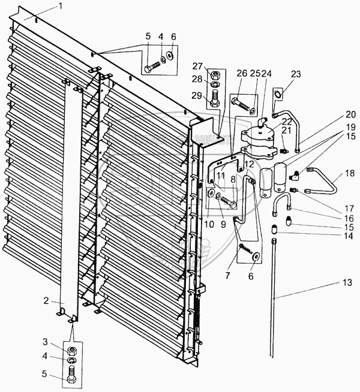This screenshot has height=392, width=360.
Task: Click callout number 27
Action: pyautogui.click(x=197, y=67)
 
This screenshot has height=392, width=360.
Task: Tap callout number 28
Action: pyautogui.click(x=197, y=79)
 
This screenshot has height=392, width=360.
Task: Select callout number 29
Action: pyautogui.click(x=197, y=95)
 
